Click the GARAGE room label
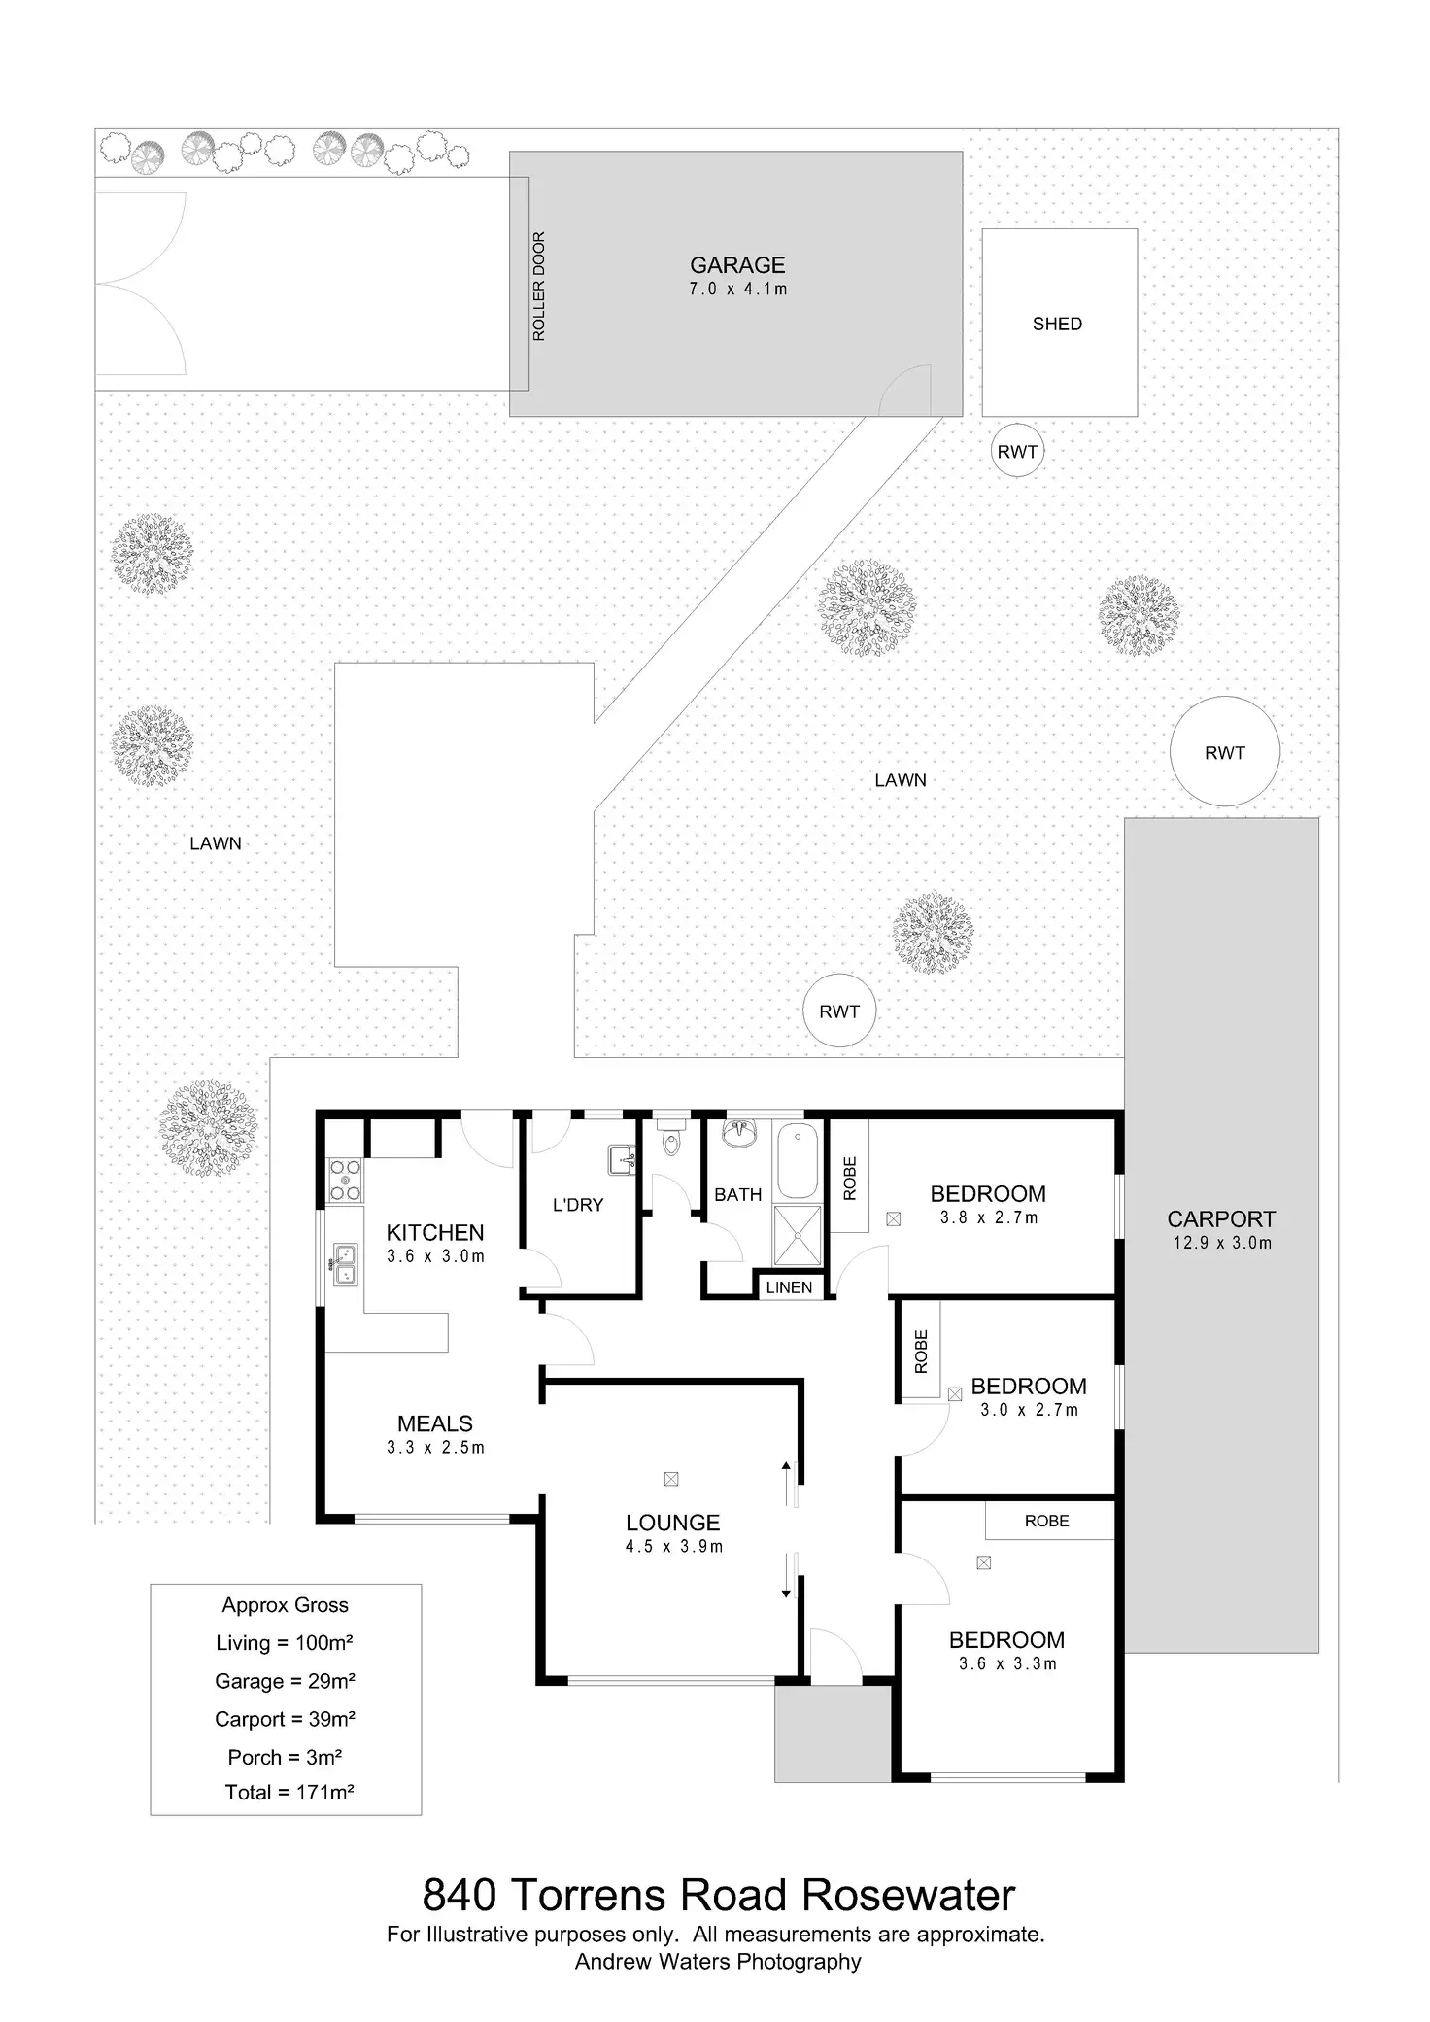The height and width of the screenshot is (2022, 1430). click(x=737, y=265)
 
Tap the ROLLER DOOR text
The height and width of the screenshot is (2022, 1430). click(x=539, y=287)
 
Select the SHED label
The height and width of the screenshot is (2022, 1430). click(x=1057, y=325)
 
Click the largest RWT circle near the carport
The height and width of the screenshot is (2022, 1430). click(x=1224, y=751)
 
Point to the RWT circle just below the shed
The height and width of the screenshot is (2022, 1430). click(x=1017, y=451)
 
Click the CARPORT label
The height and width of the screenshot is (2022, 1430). click(x=1221, y=1219)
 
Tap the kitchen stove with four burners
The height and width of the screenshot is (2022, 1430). click(x=345, y=1179)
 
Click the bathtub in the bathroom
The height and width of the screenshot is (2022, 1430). click(x=799, y=1161)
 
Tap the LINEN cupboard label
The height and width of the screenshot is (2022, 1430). click(x=789, y=1287)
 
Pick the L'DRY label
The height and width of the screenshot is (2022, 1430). click(x=578, y=1205)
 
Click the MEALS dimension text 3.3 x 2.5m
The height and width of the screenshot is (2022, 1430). click(x=435, y=1448)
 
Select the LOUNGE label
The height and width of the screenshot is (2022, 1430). click(x=673, y=1524)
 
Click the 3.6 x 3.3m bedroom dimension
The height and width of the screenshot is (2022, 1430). click(x=1007, y=1663)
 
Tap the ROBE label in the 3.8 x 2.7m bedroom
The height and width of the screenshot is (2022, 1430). click(x=850, y=1179)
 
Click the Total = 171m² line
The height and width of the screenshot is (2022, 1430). click(x=289, y=1793)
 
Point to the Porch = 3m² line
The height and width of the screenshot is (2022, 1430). click(x=285, y=1757)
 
